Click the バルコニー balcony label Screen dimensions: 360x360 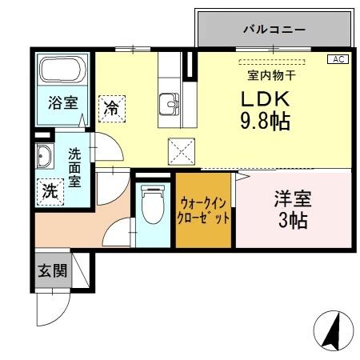pyautogui.click(x=274, y=29)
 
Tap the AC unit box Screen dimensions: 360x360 pyautogui.click(x=338, y=59)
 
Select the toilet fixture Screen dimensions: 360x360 pyautogui.click(x=150, y=206)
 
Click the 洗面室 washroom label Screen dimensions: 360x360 pyautogui.click(x=74, y=167)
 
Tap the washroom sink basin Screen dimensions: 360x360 pyautogui.click(x=44, y=157)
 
